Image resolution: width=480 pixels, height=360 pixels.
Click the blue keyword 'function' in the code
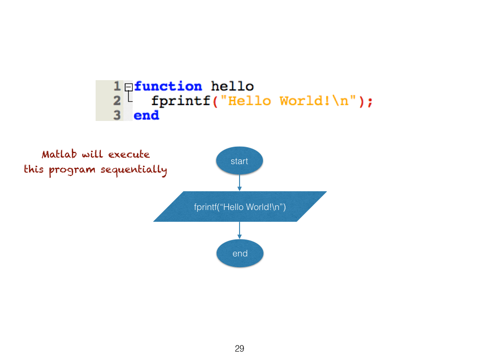point(168,87)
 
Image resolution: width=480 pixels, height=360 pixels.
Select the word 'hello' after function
point(232,87)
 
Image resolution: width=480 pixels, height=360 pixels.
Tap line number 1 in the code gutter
point(117,87)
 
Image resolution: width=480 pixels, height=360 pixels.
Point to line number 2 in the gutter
point(117,101)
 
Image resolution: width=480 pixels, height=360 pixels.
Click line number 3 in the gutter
point(117,115)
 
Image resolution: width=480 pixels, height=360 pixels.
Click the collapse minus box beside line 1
point(128,87)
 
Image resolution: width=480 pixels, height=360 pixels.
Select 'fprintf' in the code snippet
point(180,101)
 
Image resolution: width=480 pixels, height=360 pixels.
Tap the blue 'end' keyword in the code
point(146,115)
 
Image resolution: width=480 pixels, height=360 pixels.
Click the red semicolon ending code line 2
point(370,102)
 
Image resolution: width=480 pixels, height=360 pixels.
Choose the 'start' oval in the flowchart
point(239,161)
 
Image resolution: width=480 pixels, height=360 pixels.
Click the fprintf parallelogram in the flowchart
point(240,206)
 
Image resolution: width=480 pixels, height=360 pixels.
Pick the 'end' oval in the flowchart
point(240,254)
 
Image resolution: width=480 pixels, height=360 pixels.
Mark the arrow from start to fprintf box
point(240,181)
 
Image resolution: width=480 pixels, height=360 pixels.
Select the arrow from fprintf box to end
point(240,230)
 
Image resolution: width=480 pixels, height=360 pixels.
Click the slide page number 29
point(240,348)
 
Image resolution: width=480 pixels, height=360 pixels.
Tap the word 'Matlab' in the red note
point(59,154)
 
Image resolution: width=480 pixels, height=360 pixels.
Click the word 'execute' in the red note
point(129,154)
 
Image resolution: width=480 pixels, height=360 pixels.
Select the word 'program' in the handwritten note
point(72,170)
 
